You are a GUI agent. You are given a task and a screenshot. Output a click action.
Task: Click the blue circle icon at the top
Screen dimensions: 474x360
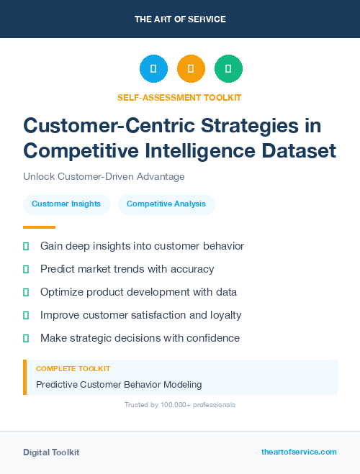click(x=153, y=69)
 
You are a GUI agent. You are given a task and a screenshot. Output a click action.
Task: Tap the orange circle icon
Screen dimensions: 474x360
click(x=191, y=69)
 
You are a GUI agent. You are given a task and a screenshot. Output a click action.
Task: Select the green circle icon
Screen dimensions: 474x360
click(x=228, y=69)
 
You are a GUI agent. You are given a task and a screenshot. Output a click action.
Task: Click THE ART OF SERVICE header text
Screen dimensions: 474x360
click(x=180, y=19)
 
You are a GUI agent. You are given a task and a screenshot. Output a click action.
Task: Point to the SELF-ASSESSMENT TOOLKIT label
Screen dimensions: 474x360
click(x=179, y=97)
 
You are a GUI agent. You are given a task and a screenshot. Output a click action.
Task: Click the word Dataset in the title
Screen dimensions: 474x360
click(x=296, y=151)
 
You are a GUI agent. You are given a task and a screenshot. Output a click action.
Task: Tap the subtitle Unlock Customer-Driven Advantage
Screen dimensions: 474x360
click(x=104, y=177)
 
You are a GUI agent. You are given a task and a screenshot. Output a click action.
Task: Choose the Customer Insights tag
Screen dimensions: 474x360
click(x=66, y=204)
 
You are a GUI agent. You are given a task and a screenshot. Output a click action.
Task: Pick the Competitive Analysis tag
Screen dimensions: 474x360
click(x=166, y=204)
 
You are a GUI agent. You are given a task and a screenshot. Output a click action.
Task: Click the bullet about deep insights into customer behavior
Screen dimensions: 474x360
click(x=142, y=246)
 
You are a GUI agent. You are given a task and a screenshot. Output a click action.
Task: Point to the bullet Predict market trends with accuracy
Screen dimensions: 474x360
click(x=127, y=269)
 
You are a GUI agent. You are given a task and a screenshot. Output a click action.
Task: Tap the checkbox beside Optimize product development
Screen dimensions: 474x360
click(x=26, y=292)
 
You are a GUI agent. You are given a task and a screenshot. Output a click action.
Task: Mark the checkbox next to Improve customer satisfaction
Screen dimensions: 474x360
click(x=26, y=315)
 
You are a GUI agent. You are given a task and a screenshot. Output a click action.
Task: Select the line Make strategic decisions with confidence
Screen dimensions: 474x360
click(x=140, y=338)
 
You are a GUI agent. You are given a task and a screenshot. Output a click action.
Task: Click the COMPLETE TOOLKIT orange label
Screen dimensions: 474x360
click(x=73, y=369)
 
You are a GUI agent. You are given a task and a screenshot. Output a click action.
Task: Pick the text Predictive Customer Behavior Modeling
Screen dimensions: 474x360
click(x=119, y=385)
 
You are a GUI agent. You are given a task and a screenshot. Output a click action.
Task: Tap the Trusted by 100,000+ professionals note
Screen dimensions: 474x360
click(x=179, y=405)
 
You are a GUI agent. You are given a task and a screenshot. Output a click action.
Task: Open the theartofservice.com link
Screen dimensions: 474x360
click(x=299, y=452)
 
